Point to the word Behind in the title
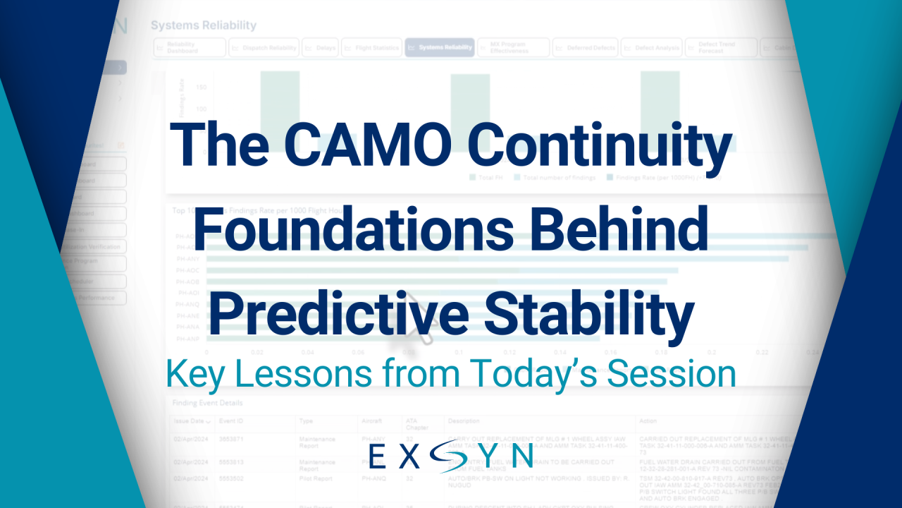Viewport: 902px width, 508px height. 620,230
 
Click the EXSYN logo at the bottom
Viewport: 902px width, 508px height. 451,456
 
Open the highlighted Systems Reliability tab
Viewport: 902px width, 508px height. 439,48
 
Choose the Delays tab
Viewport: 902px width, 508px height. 321,48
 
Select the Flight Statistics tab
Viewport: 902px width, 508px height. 371,48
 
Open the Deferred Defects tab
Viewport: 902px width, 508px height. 585,48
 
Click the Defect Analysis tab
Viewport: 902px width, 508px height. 652,48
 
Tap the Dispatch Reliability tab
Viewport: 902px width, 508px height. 264,48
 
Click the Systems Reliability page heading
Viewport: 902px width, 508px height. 204,25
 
